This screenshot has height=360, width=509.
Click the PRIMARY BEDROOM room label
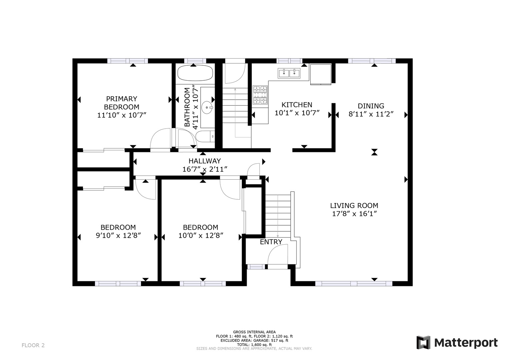[x=122, y=103]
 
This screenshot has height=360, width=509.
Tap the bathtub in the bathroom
[x=195, y=73]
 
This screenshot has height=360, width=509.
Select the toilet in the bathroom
[x=205, y=136]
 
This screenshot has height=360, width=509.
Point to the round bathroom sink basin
[x=207, y=107]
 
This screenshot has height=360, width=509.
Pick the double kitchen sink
[x=289, y=73]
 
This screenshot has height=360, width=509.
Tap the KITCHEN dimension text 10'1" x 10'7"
[x=297, y=113]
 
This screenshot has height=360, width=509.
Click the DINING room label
[x=371, y=106]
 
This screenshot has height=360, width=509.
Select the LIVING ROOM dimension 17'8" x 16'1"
[x=354, y=214]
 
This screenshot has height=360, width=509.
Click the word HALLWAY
[x=205, y=161]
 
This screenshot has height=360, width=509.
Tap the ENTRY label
[x=271, y=242]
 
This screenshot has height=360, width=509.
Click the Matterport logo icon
[x=423, y=342]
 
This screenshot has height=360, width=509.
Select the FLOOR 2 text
[x=33, y=345]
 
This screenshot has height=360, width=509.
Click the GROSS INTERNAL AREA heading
[x=254, y=332]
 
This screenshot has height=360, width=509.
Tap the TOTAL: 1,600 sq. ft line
[x=254, y=345]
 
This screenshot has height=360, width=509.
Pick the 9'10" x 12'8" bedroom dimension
[x=118, y=236]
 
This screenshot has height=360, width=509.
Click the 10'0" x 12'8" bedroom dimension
[x=201, y=236]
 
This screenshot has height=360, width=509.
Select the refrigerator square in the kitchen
[x=321, y=74]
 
